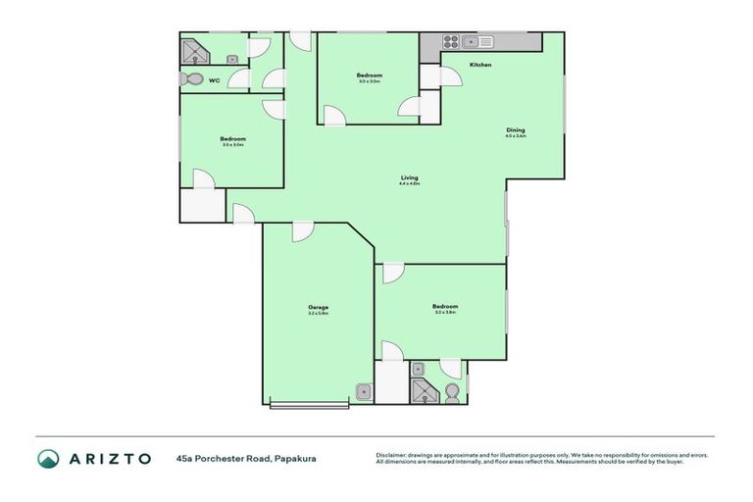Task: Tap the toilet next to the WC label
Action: [191, 79]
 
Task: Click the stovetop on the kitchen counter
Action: [450, 42]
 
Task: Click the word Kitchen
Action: [479, 65]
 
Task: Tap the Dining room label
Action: [515, 130]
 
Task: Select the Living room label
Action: [409, 177]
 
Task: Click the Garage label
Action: [318, 307]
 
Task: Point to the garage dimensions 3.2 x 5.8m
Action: [318, 314]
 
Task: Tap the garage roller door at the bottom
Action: [309, 402]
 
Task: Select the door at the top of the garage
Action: [303, 231]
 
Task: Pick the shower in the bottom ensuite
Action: [422, 389]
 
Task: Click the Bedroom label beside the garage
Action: [445, 306]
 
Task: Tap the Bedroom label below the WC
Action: [232, 138]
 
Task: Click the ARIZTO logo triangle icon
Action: [48, 458]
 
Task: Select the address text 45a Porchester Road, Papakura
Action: [246, 458]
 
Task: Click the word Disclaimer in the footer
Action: [391, 455]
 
